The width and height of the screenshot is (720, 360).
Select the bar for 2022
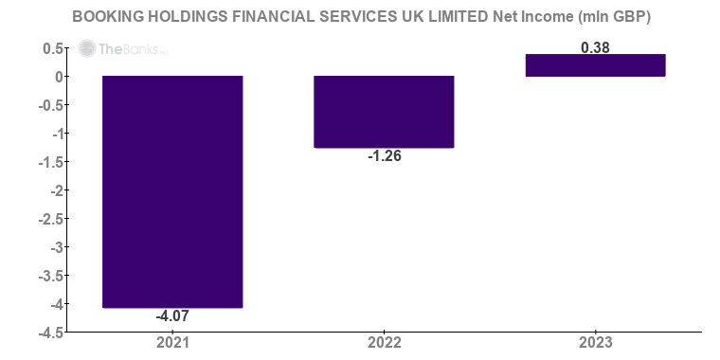point(384,112)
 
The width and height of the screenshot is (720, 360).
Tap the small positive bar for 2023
point(595,65)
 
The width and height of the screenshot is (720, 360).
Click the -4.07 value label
point(172,316)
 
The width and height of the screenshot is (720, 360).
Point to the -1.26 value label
point(384,156)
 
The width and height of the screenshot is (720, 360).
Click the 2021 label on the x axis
point(172,342)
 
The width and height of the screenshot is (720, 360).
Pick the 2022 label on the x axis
point(384,342)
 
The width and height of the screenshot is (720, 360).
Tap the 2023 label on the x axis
point(595,342)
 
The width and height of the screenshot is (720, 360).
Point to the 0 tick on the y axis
point(59,77)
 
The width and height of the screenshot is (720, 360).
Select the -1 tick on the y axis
point(57,134)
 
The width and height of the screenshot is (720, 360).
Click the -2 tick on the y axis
point(57,190)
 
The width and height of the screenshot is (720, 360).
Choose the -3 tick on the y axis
point(57,247)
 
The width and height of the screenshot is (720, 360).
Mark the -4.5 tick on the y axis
point(51,333)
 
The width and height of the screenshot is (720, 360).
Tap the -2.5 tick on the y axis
point(51,219)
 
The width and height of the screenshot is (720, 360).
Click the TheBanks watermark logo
point(110,49)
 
